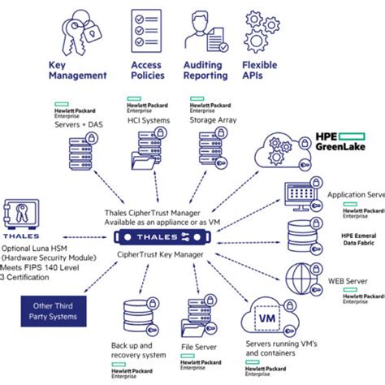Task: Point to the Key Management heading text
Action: pyautogui.click(x=78, y=69)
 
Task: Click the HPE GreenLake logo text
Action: pyautogui.click(x=340, y=142)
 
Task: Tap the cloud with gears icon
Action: pyautogui.click(x=280, y=154)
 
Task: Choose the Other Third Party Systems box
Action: pyautogui.click(x=51, y=309)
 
